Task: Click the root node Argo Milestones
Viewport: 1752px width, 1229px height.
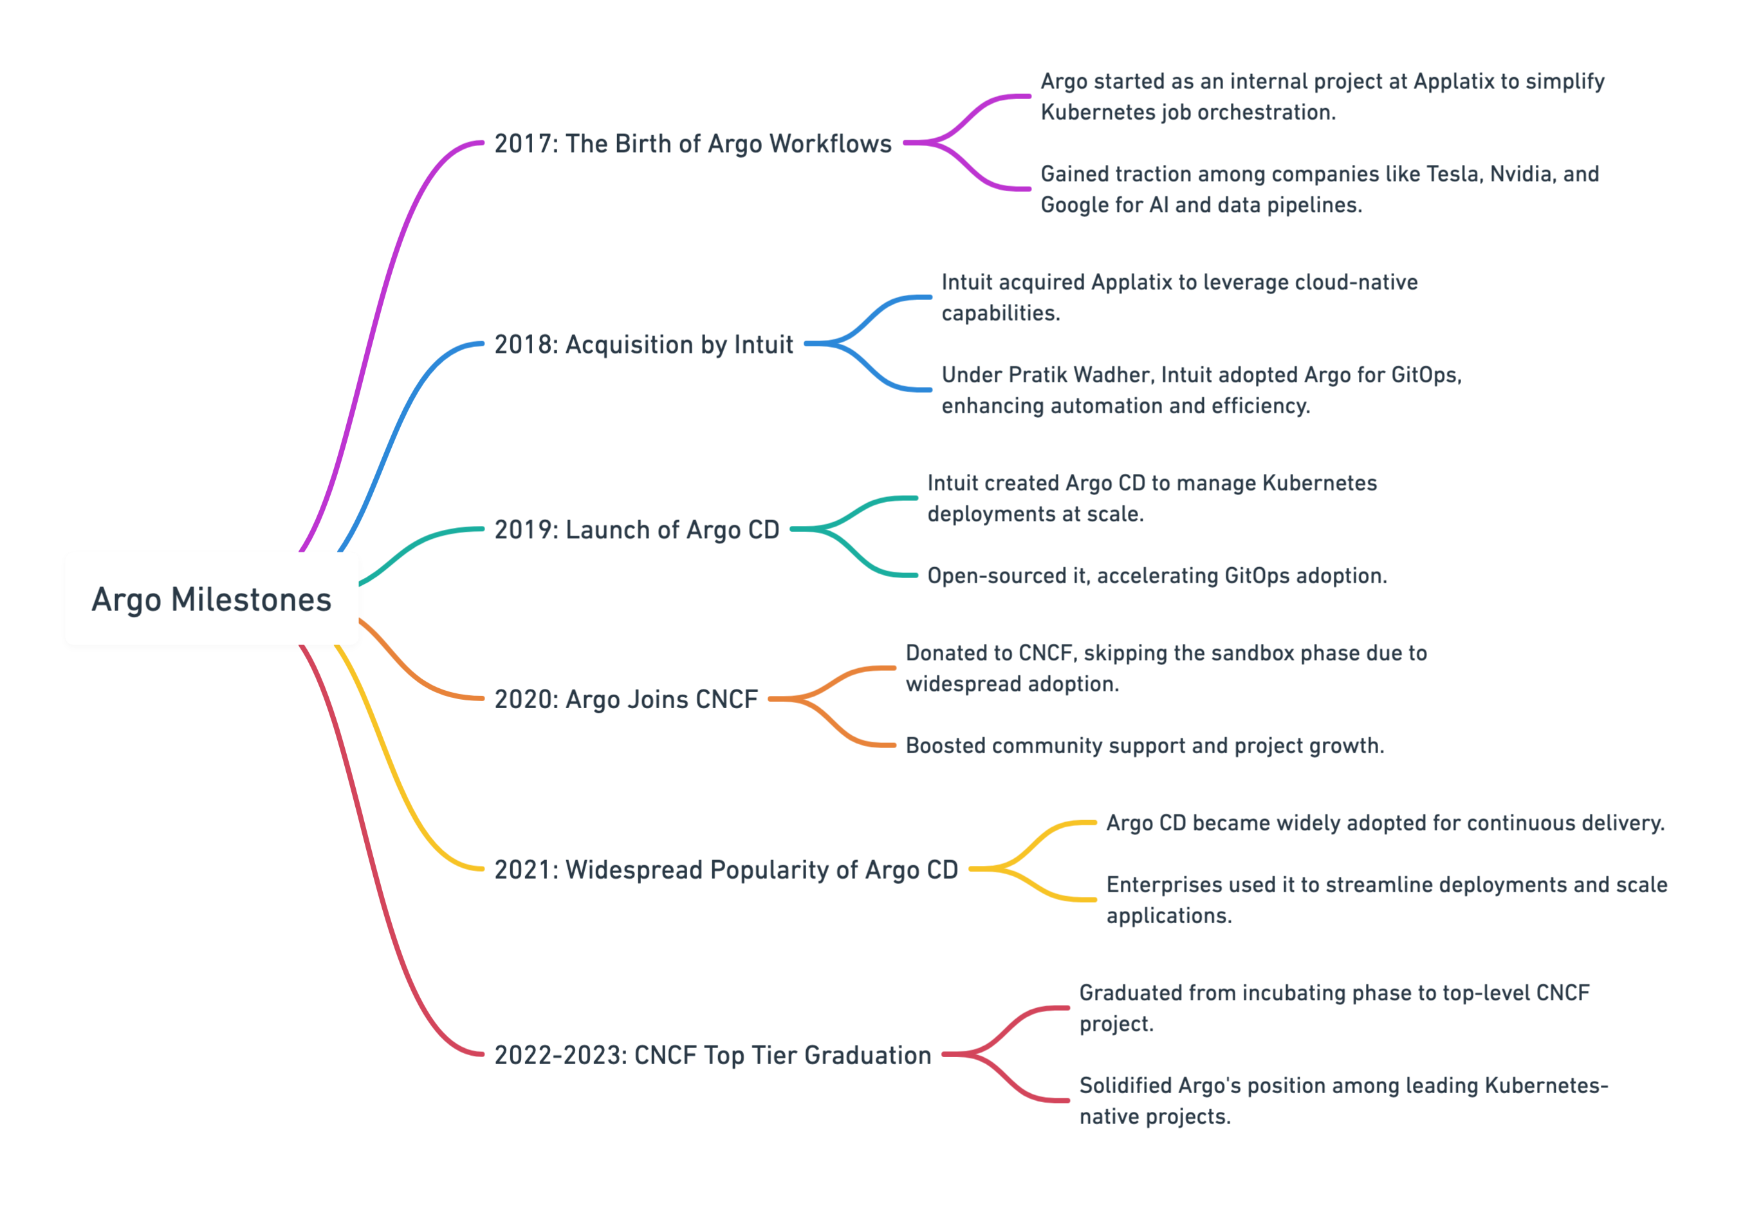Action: click(212, 599)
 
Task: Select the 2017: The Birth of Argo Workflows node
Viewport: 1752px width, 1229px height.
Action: click(693, 144)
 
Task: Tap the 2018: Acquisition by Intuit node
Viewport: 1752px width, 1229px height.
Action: click(644, 344)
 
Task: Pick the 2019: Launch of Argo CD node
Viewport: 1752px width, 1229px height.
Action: click(637, 530)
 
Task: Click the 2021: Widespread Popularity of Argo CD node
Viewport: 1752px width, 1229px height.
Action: click(726, 870)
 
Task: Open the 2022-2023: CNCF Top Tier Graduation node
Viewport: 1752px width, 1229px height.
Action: click(713, 1055)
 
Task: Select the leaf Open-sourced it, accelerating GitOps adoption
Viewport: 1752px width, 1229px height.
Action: click(1157, 576)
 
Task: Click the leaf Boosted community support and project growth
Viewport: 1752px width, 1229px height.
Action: click(1145, 746)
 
